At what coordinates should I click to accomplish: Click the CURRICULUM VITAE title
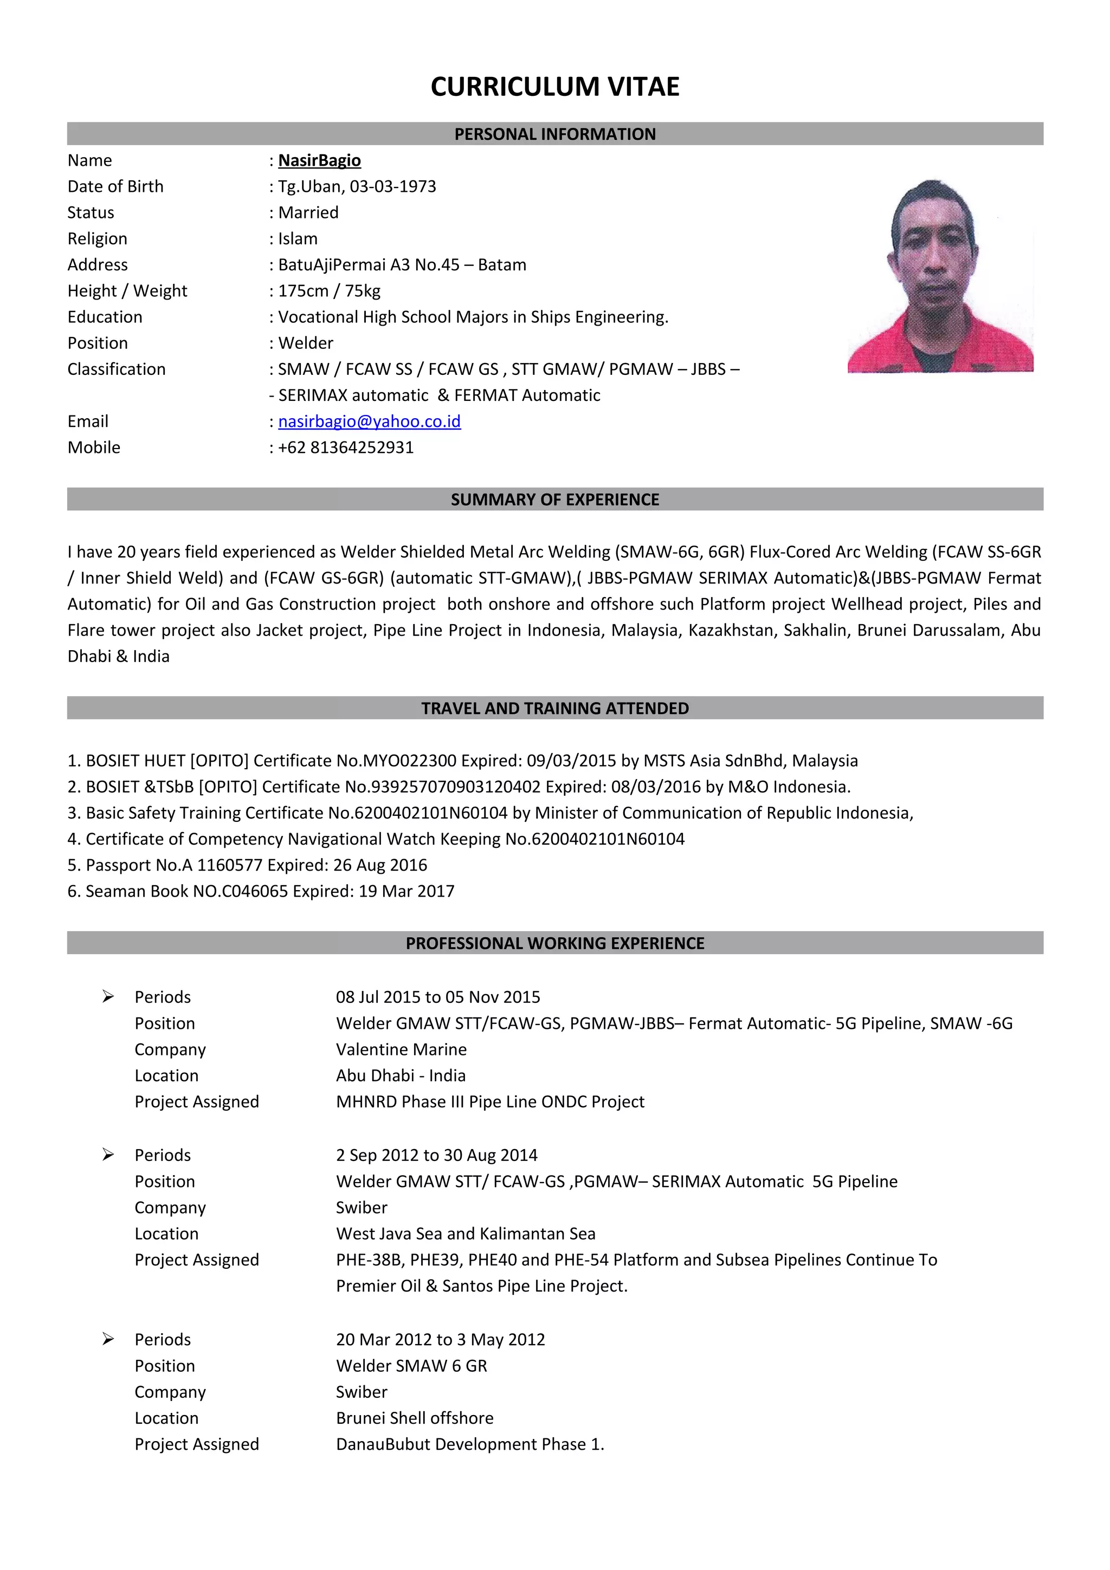[x=554, y=87]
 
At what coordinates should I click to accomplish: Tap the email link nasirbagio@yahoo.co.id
[x=369, y=421]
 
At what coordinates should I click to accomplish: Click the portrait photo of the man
[x=940, y=276]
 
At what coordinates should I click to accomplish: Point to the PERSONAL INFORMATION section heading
[x=554, y=134]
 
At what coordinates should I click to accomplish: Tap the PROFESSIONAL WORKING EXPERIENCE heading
[x=554, y=943]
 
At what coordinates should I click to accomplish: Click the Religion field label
[x=97, y=239]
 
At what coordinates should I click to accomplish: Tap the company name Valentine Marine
[x=402, y=1049]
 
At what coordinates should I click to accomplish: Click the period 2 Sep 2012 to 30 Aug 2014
[x=436, y=1155]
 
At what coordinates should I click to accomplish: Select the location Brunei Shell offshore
[x=415, y=1418]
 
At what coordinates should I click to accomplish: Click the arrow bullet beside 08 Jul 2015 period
[x=108, y=996]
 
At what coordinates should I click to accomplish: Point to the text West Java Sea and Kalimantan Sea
[x=466, y=1234]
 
